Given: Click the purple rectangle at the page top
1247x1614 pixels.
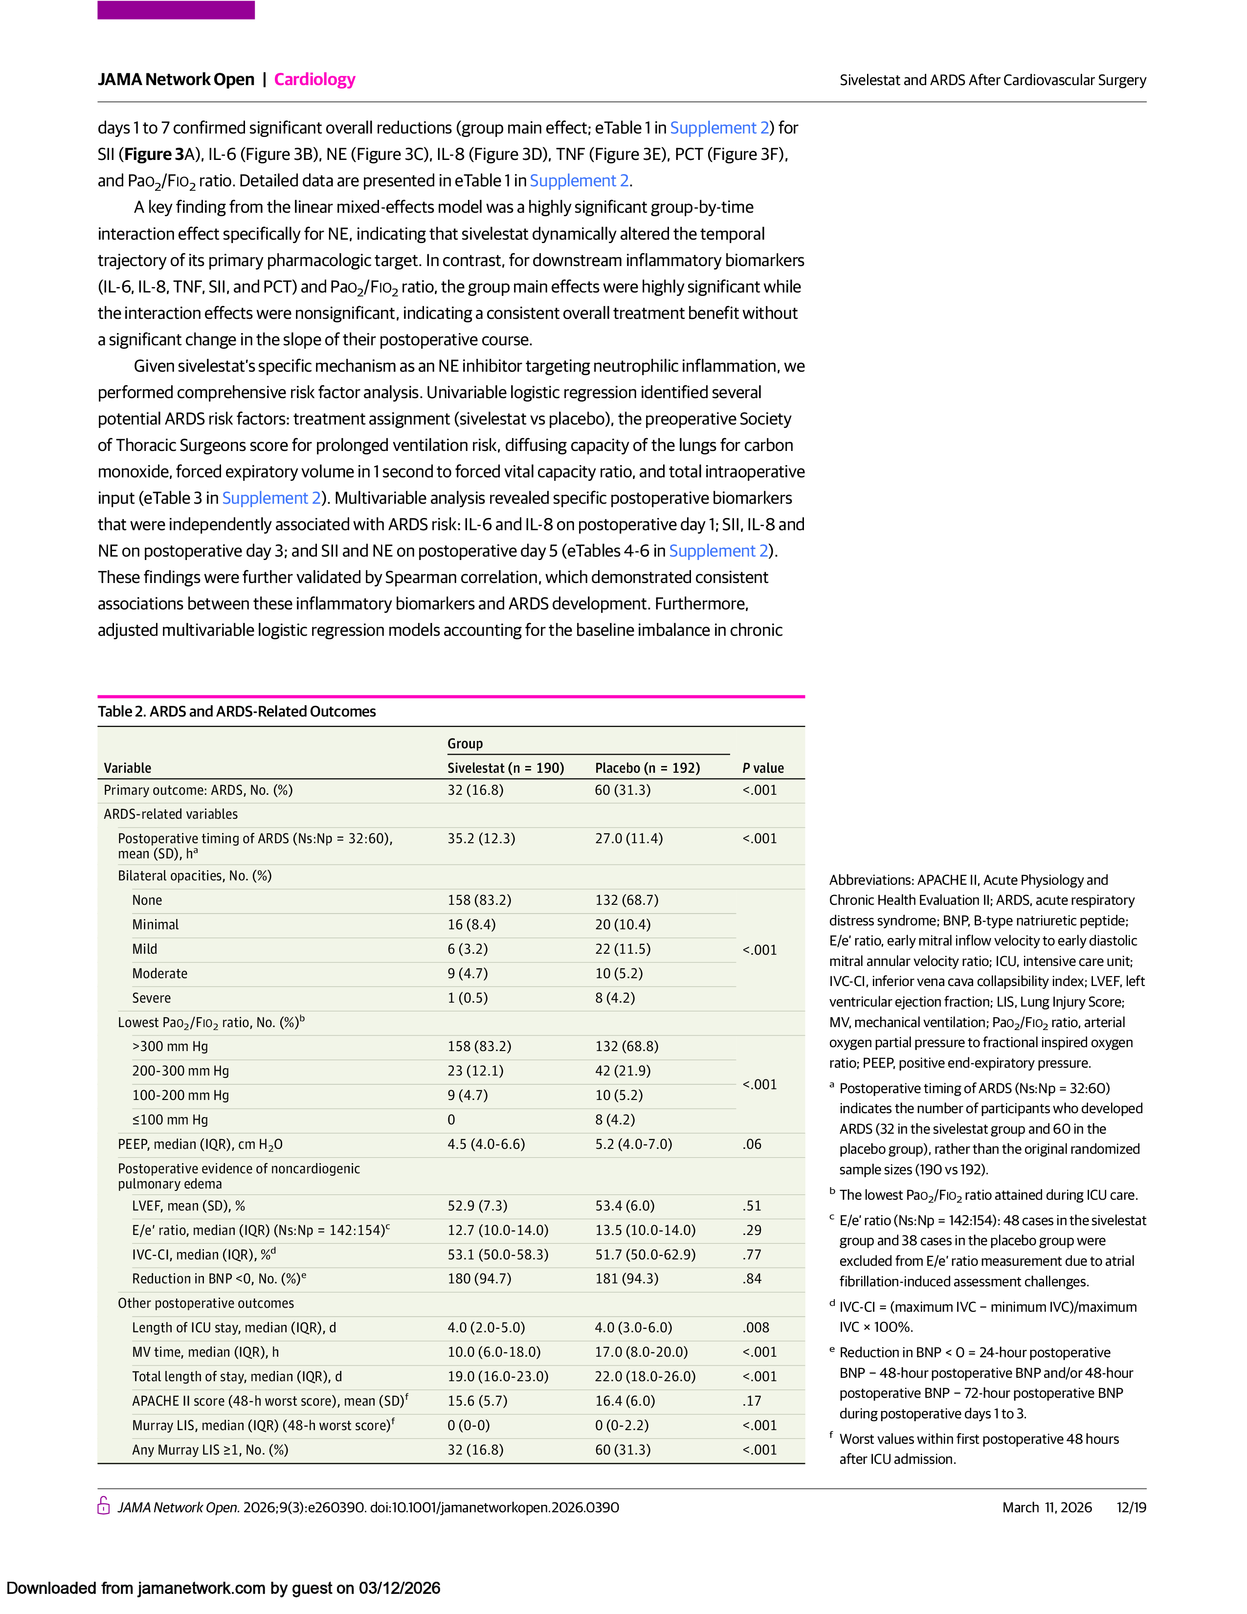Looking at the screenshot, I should [x=176, y=10].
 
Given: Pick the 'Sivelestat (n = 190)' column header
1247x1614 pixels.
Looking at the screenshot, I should [x=505, y=768].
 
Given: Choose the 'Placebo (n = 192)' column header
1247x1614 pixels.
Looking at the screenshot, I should [x=647, y=768].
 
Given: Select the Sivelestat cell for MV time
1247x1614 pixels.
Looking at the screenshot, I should [x=493, y=1352].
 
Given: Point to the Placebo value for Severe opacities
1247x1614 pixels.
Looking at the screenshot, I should [x=615, y=998].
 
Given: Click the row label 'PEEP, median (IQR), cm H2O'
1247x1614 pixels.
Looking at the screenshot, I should [x=200, y=1145].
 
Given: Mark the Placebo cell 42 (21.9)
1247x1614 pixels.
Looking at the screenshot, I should [x=623, y=1071].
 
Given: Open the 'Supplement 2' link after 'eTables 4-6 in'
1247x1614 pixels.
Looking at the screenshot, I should [x=719, y=551].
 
